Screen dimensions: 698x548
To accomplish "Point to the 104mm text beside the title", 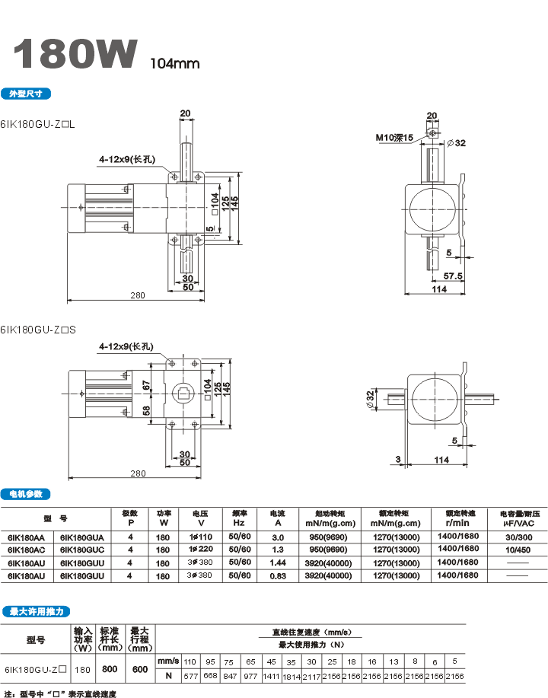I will (174, 64).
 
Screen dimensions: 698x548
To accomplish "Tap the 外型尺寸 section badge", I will (27, 94).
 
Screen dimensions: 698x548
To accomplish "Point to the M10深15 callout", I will (393, 138).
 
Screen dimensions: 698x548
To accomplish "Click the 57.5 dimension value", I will (454, 276).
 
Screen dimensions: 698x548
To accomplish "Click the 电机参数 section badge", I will (27, 493).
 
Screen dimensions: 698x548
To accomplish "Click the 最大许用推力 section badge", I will (37, 611).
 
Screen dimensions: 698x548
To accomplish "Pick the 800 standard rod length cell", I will (110, 670).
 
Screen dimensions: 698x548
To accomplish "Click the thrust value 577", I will (190, 675).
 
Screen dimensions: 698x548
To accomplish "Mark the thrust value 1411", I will (271, 675).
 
